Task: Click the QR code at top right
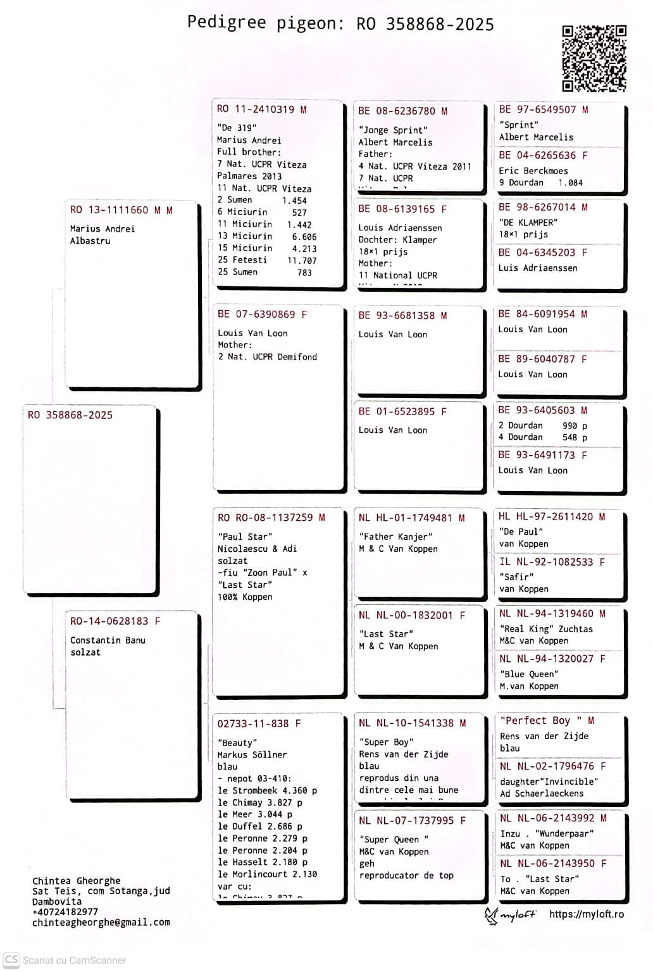coord(594,58)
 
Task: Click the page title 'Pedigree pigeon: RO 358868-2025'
coord(340,23)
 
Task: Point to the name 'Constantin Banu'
coord(108,640)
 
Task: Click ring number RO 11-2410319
coord(256,109)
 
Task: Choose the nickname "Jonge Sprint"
coord(393,130)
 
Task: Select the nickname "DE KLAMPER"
coord(528,223)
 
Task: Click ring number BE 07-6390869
coord(256,315)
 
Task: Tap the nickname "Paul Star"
coord(245,537)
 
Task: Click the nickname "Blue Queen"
coord(529,674)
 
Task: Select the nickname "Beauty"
coord(237,742)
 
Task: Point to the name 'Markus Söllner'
coord(252,754)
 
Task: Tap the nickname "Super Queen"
coord(394,839)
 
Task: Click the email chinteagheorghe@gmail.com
coord(101,923)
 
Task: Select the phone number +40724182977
coord(65,912)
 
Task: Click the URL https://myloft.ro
coord(587,914)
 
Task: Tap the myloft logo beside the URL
coord(510,915)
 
